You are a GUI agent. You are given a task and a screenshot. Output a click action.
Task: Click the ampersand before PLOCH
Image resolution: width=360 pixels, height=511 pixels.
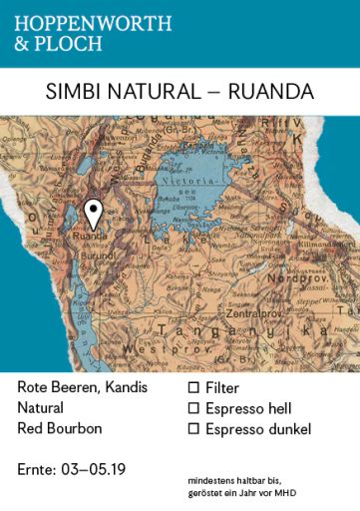click(x=22, y=43)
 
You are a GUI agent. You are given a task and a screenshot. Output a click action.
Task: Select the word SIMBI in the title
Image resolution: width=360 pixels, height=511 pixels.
click(x=72, y=92)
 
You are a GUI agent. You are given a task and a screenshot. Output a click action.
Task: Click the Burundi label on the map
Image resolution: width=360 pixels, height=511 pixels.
click(x=97, y=255)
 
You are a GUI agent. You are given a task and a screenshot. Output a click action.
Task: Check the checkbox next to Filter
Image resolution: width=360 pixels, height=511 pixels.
click(x=194, y=387)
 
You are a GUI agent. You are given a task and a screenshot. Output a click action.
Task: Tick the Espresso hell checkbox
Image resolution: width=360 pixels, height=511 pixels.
click(x=194, y=408)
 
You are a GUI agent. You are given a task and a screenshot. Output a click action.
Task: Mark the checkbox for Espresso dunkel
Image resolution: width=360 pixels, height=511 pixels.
click(x=194, y=429)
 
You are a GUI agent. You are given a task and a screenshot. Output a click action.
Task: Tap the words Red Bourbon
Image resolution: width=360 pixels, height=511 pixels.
click(x=60, y=429)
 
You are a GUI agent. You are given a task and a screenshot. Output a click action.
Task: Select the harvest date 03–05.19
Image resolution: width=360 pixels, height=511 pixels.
click(x=100, y=468)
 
